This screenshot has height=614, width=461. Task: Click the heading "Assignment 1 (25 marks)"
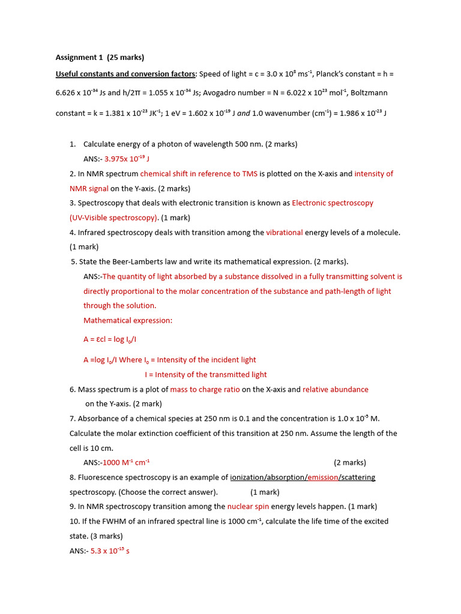tap(100, 58)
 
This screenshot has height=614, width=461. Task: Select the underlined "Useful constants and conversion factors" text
tap(125, 74)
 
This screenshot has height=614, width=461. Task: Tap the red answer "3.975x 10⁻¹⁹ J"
tap(127, 159)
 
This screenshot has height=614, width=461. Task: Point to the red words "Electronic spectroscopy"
tap(333, 203)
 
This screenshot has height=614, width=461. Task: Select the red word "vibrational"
tap(285, 233)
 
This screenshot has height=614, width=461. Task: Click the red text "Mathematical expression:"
tap(128, 321)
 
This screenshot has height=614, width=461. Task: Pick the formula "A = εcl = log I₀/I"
tap(110, 339)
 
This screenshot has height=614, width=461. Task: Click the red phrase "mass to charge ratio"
tap(205, 390)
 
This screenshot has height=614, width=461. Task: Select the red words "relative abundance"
tap(336, 390)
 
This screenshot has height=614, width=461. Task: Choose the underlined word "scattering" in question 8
tap(358, 477)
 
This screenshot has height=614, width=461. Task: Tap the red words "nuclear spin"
tap(249, 507)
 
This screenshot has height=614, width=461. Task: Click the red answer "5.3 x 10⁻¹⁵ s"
tap(110, 550)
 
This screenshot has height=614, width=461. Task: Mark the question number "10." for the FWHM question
tap(75, 522)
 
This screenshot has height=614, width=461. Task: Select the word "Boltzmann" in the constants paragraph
tap(369, 93)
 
